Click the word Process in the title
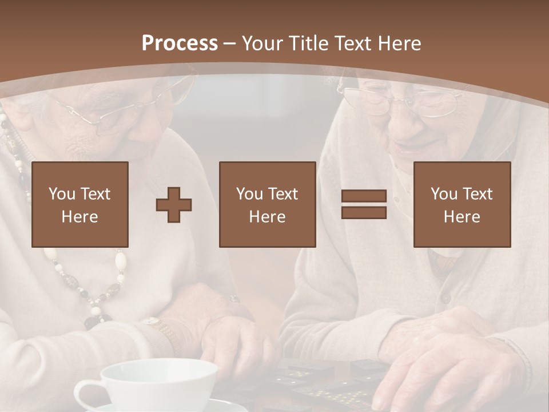point(180,43)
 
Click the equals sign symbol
point(364,204)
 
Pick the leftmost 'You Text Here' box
point(79,204)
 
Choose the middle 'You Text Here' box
point(267,204)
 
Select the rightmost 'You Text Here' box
point(462,204)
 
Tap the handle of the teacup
point(86,395)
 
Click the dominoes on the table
point(320,383)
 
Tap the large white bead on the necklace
point(121,260)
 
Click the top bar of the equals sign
point(364,197)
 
